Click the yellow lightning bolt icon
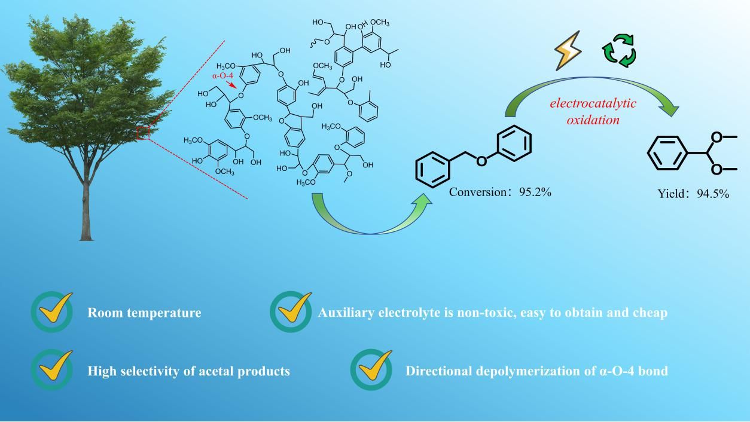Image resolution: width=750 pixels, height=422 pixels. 568,51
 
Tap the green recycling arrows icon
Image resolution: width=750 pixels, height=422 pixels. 618,51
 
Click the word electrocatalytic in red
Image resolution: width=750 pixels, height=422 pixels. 593,103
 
